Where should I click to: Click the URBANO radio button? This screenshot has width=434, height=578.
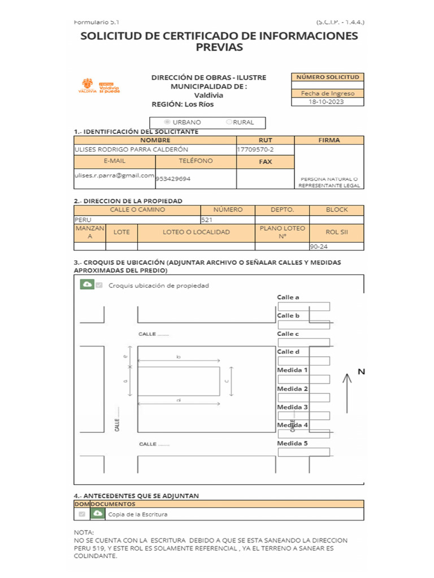[x=167, y=122]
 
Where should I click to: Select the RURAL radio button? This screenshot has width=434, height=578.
[x=229, y=122]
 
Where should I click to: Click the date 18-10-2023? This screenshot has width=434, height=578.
[x=327, y=102]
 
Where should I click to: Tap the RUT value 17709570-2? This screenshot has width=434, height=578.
[x=255, y=150]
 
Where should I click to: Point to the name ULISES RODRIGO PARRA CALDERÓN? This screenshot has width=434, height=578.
[x=131, y=150]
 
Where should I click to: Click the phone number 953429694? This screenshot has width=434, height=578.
[x=173, y=178]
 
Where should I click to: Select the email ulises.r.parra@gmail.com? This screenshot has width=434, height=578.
[x=115, y=176]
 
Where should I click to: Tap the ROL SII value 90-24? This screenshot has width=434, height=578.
[x=318, y=247]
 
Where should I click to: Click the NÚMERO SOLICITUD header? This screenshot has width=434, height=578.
[x=327, y=77]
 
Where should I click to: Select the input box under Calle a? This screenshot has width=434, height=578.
[x=303, y=306]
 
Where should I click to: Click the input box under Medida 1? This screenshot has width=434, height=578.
[x=303, y=379]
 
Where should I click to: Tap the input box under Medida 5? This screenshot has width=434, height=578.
[x=303, y=452]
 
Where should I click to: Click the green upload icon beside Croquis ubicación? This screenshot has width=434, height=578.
[x=87, y=285]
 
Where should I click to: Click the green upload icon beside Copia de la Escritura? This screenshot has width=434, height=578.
[x=98, y=514]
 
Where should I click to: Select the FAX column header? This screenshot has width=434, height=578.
[x=265, y=162]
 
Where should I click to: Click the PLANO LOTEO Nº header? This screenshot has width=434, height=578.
[x=282, y=232]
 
